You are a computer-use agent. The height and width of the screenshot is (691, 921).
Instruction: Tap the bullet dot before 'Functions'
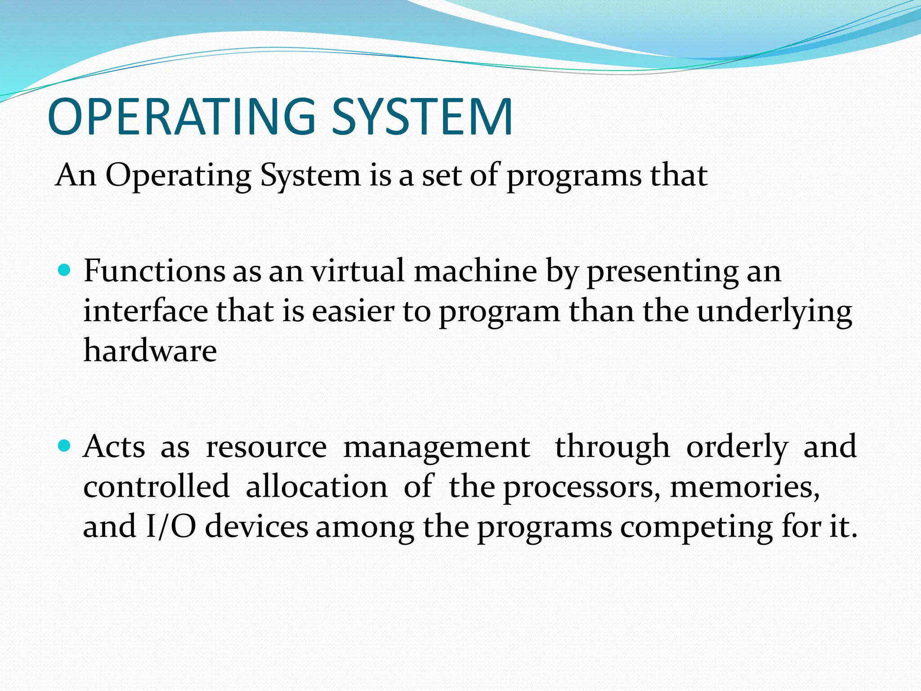[65, 270]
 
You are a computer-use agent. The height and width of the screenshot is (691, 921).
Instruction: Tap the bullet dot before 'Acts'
[65, 446]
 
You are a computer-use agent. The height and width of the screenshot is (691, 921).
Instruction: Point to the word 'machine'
[475, 271]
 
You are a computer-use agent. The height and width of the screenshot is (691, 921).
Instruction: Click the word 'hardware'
[150, 350]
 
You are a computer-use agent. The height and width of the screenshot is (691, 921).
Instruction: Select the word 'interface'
[146, 311]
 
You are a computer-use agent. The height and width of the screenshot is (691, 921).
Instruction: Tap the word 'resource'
[266, 448]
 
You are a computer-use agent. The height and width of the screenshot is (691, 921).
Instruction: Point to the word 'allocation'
[317, 487]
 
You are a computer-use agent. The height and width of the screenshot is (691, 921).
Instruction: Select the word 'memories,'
[745, 488]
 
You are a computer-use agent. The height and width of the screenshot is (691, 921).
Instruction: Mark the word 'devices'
[257, 526]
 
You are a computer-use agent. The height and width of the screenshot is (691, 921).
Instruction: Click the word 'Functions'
[154, 271]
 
